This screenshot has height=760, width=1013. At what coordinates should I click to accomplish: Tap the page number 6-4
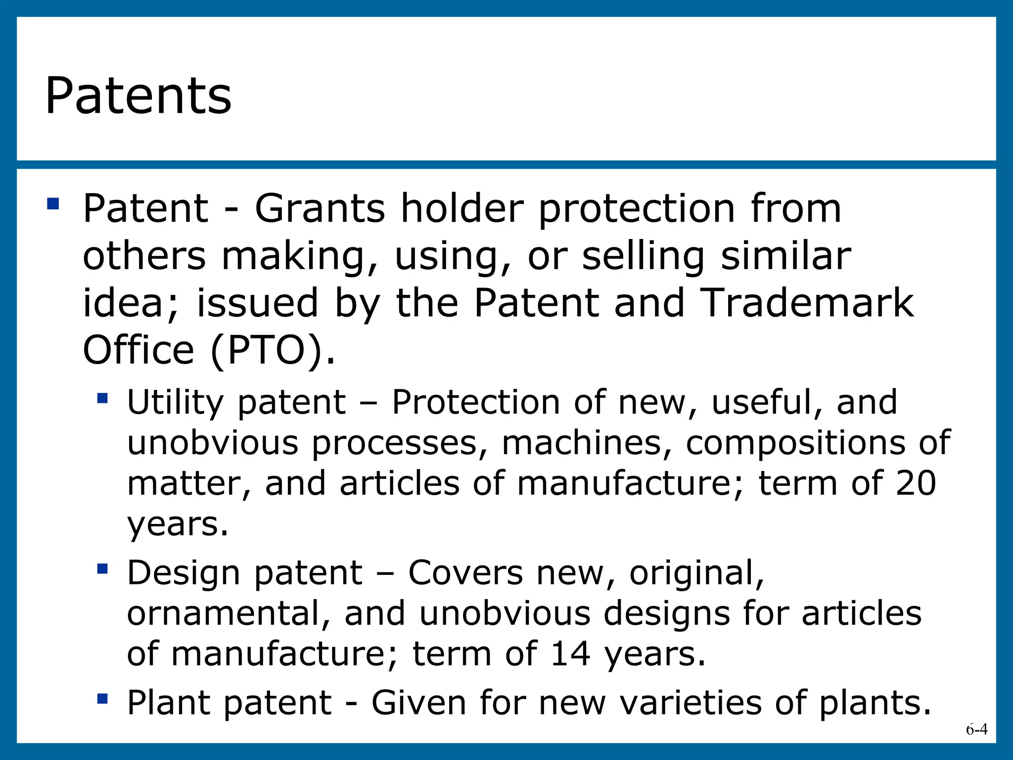point(976,729)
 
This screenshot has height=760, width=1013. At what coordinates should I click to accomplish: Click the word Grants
point(320,208)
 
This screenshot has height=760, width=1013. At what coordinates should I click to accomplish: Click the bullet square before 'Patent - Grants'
point(53,203)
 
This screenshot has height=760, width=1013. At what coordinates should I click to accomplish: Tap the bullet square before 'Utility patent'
point(102,398)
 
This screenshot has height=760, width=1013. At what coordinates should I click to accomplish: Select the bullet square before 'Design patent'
point(102,569)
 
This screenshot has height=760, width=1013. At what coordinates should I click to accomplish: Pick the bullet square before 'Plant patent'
point(102,699)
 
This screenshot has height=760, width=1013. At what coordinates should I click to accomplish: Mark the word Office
point(138,350)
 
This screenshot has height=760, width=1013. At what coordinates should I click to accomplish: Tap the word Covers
point(465,572)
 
